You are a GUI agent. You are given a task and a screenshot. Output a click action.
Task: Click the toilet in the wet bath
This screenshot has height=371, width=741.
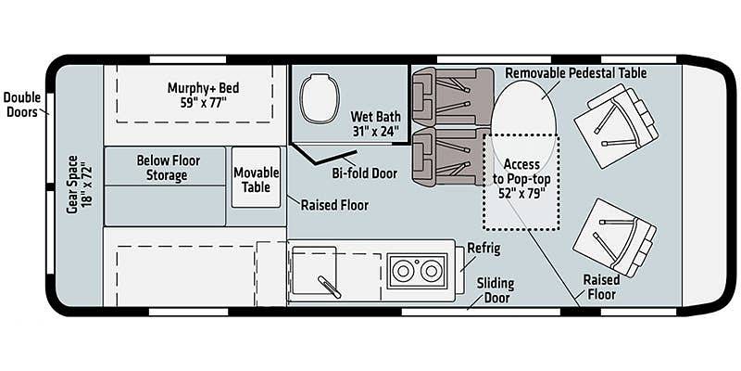click(320, 98)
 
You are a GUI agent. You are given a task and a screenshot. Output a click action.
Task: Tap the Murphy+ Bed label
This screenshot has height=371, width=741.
click(203, 88)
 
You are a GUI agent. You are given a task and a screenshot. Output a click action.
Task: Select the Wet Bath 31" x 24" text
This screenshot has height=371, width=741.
click(376, 123)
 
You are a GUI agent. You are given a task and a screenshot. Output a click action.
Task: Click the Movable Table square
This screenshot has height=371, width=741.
click(257, 177)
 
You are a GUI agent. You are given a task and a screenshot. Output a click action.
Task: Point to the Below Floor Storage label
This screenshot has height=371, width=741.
click(169, 168)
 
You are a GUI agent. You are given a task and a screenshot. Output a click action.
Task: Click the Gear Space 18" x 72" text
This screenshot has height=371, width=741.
click(79, 184)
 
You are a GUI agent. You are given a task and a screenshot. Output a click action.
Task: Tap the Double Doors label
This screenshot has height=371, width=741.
click(21, 105)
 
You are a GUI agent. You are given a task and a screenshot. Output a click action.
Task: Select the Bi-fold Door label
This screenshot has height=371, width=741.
click(364, 173)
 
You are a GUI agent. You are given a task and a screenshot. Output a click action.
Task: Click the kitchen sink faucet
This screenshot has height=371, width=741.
click(330, 287)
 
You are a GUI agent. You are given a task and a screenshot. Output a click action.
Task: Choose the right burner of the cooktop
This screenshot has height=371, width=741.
click(431, 271)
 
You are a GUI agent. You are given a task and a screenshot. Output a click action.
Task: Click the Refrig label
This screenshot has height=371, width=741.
click(484, 249)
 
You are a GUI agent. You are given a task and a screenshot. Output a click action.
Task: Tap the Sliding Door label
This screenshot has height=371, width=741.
click(495, 290)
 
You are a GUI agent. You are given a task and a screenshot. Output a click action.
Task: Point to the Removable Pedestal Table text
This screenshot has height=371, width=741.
click(576, 73)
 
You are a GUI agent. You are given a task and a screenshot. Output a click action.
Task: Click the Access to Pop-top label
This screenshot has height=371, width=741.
click(521, 179)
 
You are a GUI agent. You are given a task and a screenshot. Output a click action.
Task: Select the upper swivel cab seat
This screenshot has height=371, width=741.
click(616, 126)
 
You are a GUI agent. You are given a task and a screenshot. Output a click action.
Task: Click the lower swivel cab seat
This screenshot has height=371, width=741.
click(614, 237)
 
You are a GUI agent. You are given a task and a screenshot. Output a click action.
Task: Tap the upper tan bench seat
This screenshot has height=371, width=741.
click(452, 96)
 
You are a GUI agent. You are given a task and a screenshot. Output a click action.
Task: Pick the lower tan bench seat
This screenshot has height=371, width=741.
click(451, 156)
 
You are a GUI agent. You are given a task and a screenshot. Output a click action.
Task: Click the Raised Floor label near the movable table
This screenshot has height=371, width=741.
click(334, 205)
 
